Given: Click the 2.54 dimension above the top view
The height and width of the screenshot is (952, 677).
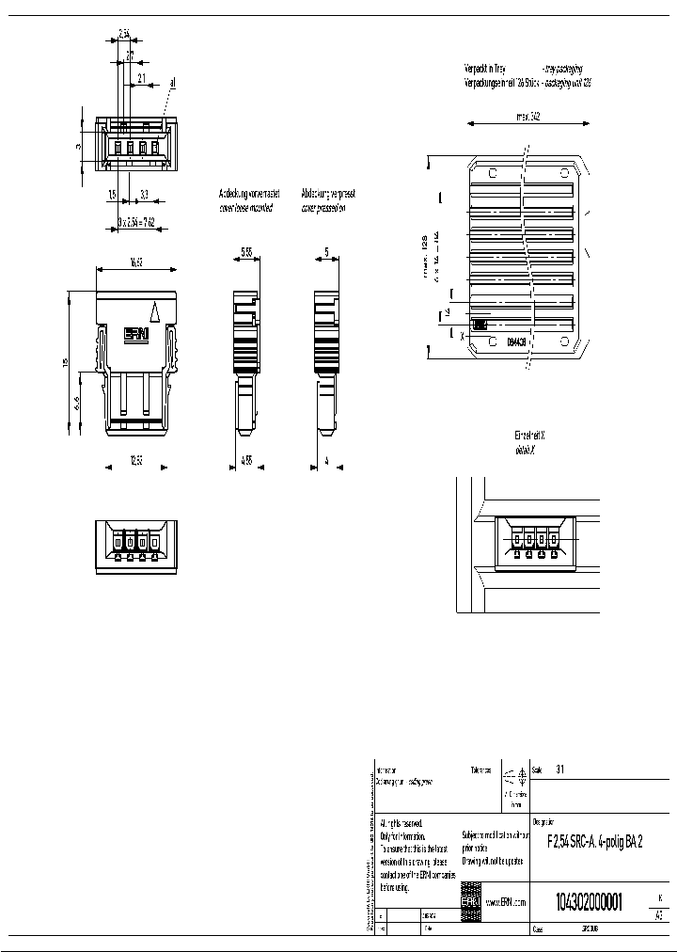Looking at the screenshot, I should (124, 34).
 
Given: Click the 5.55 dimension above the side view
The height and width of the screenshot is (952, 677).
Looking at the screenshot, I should (245, 252).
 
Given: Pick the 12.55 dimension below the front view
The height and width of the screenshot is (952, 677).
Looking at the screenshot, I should (135, 460).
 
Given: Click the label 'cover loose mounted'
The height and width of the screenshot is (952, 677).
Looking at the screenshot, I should (245, 207).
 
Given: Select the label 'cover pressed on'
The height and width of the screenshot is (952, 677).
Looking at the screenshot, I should (323, 207).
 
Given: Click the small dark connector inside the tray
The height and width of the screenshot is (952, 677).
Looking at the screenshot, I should (480, 325).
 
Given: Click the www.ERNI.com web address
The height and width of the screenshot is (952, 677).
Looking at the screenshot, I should (505, 901).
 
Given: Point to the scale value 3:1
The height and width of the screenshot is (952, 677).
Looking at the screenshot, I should (560, 769).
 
